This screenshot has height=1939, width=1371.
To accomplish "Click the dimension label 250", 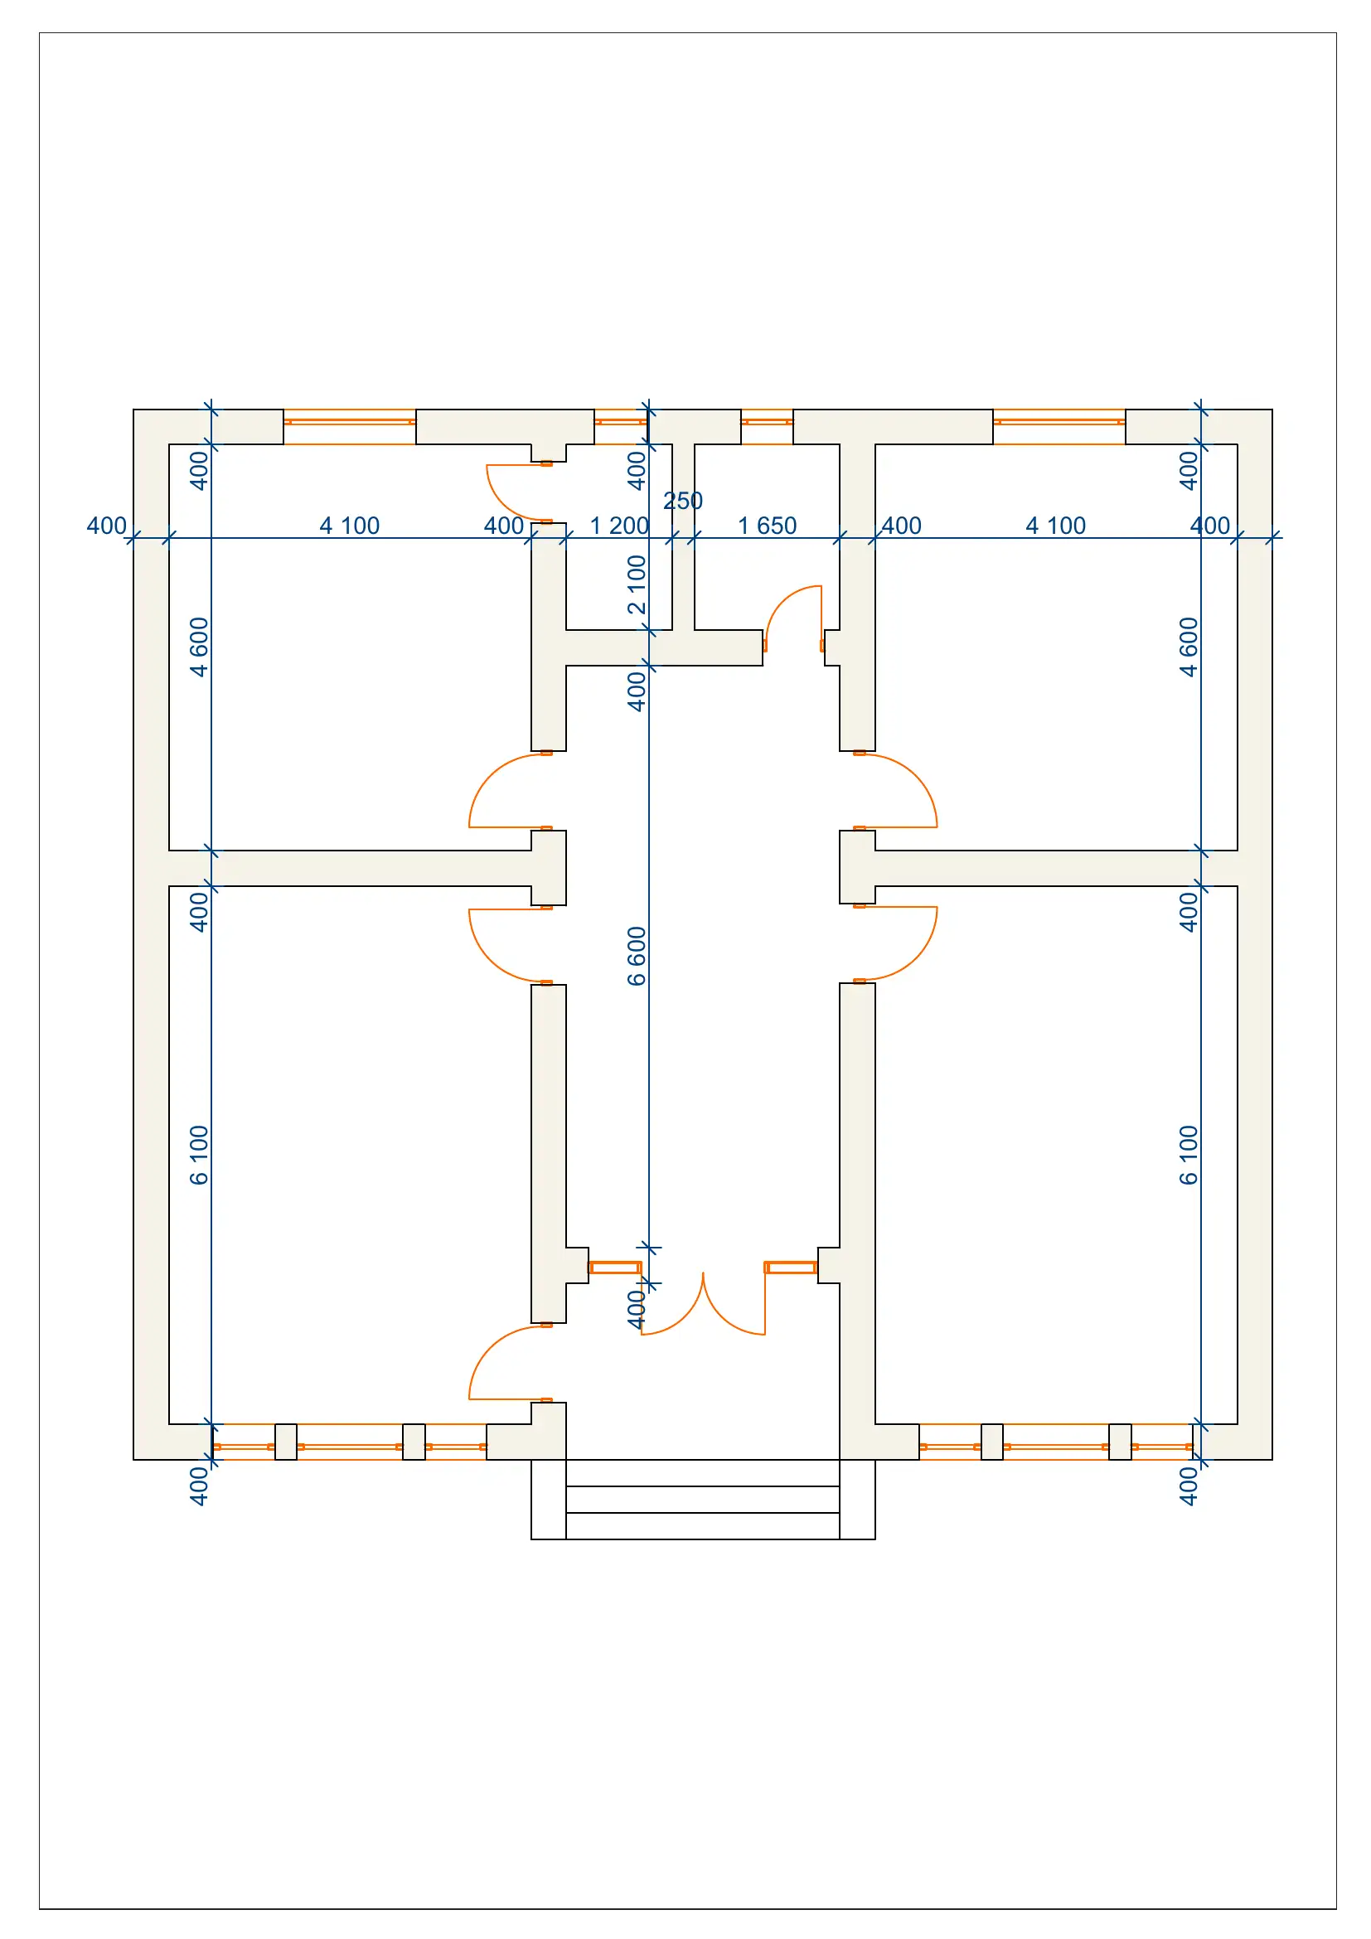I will [x=683, y=501].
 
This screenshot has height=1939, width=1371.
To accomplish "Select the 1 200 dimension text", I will [x=619, y=526].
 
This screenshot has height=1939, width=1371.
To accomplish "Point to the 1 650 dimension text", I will [x=767, y=526].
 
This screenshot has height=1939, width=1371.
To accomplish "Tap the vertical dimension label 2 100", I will [x=637, y=584].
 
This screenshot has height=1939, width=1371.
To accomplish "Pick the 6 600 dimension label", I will [x=637, y=956].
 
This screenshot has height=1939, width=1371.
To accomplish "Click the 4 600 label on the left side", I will [x=198, y=647].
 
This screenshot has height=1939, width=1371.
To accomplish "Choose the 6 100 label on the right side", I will [x=1189, y=1155].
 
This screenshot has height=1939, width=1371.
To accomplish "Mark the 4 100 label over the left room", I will [x=350, y=526].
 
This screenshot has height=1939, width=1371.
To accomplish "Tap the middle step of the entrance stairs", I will [x=702, y=1499].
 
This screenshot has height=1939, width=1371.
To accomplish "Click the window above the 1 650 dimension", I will [x=767, y=421].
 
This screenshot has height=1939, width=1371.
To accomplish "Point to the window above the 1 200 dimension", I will [x=620, y=421].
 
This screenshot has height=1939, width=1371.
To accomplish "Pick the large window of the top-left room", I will [x=350, y=421].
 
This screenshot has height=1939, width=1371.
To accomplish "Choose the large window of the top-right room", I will [x=1059, y=421].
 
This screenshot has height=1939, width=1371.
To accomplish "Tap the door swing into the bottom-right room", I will [x=900, y=943].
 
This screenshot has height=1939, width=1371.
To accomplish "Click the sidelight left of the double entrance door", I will [x=614, y=1268].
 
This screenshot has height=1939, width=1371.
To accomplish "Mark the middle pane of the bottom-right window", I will [x=1055, y=1447].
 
